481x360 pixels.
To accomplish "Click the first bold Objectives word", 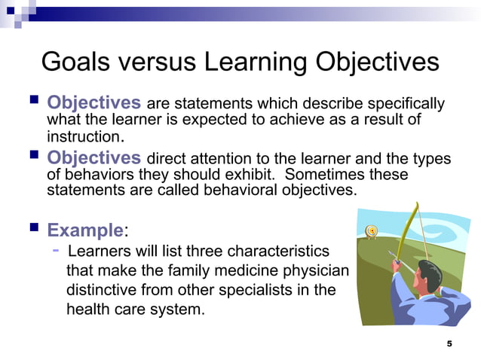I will pos(93,102).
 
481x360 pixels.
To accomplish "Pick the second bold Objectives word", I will pos(93,158).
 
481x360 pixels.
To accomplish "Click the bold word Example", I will pos(84,230).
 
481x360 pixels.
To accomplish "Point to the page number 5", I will pos(449,344).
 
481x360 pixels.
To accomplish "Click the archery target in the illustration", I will pos(371,231).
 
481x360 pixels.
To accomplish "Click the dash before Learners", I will pos(57,250).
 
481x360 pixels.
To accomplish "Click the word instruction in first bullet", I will pos(84,137).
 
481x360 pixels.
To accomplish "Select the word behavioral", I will pos(243,190).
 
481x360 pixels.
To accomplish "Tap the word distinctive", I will pos(100,290).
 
